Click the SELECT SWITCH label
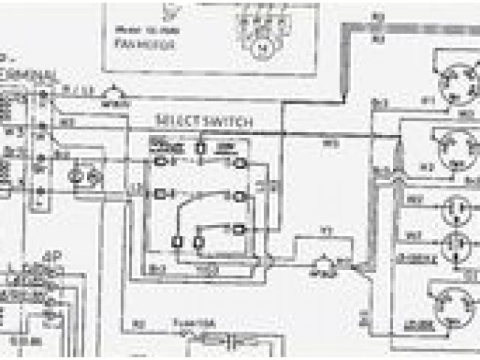point(204,120)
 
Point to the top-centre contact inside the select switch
point(201,147)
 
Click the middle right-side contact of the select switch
point(239,196)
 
